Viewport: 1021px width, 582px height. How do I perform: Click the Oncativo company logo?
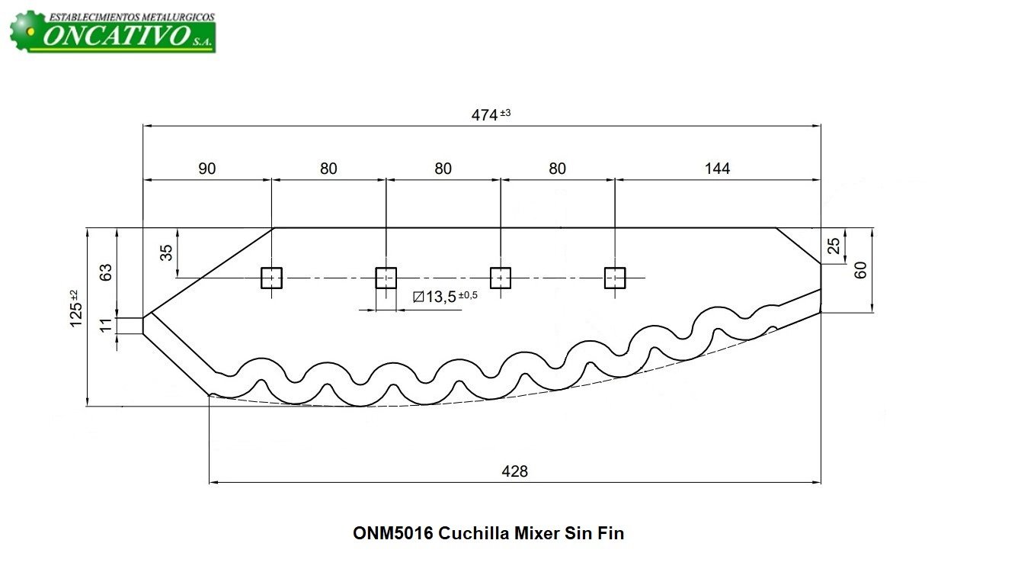click(113, 31)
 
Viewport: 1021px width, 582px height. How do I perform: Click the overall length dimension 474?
click(484, 114)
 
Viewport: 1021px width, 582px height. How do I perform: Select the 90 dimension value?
click(206, 169)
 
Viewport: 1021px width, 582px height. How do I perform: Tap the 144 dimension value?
click(717, 169)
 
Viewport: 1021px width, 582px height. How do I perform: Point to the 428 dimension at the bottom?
click(515, 471)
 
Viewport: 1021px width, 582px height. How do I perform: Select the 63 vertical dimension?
click(106, 272)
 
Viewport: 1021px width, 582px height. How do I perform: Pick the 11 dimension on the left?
click(106, 325)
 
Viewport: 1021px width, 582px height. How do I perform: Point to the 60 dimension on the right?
click(861, 270)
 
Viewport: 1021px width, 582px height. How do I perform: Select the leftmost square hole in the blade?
click(272, 278)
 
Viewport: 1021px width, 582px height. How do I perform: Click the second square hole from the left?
click(386, 278)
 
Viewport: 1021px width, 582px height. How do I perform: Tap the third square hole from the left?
click(500, 278)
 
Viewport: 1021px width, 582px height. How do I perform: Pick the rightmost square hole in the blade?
click(614, 278)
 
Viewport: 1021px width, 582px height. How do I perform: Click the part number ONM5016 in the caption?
click(392, 533)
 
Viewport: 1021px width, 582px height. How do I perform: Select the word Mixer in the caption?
click(537, 533)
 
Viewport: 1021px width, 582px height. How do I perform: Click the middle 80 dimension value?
click(443, 169)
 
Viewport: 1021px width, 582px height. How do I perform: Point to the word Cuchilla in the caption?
click(472, 533)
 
